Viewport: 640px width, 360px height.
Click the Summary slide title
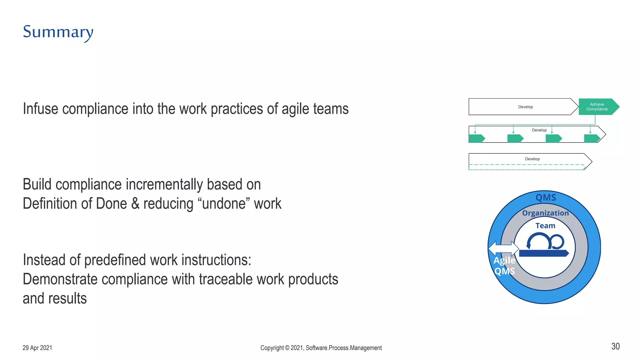58,32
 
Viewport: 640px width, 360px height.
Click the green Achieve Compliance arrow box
597,107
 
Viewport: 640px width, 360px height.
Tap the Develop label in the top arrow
525,107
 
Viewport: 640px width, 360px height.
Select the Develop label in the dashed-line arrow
532,159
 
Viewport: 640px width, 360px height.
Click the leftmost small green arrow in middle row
477,138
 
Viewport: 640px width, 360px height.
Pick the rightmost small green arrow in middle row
592,138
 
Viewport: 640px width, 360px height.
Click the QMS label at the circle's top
546,197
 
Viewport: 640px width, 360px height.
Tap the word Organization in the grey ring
545,213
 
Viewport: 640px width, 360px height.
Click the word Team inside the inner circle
545,226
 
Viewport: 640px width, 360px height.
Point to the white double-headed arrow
503,249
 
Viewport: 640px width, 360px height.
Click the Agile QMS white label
504,266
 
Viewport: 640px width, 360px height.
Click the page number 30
615,346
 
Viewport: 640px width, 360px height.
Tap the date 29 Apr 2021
37,348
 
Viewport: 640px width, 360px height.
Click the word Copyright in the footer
272,348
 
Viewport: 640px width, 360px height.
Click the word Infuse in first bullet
41,109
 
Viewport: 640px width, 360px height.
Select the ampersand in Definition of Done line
135,204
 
